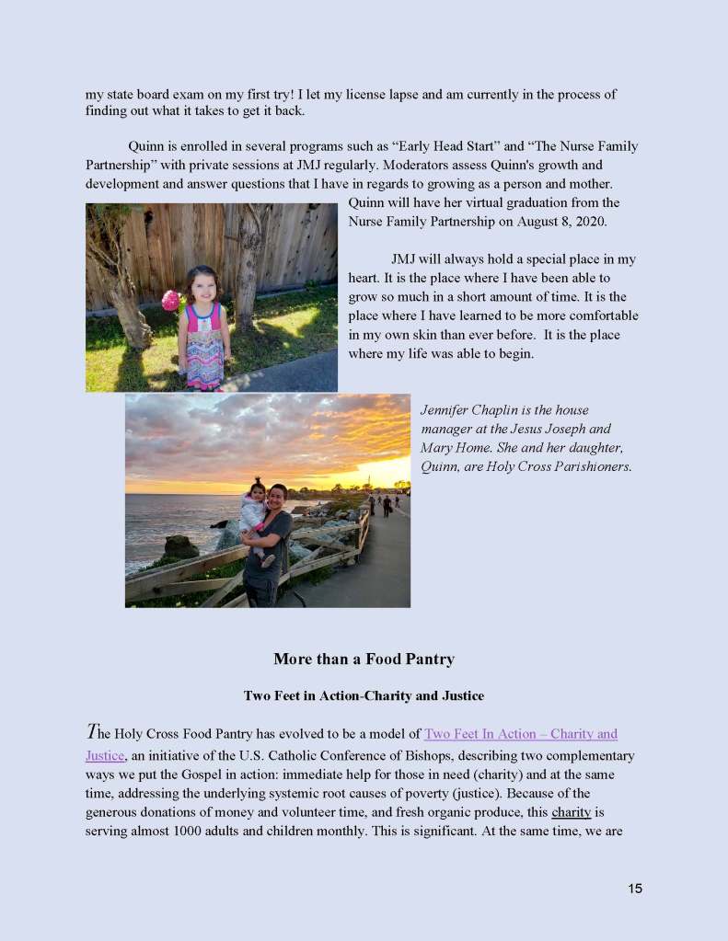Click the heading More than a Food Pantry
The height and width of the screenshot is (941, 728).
[364, 660]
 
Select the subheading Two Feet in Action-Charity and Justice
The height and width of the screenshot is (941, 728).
[364, 695]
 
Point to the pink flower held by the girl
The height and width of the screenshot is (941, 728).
[170, 300]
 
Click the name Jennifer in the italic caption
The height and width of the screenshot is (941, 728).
[447, 410]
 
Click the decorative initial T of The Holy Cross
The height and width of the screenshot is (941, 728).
[91, 733]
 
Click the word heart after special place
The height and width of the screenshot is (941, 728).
[364, 278]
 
